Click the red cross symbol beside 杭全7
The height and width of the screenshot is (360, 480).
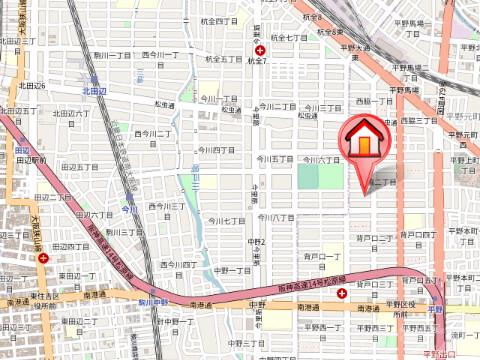[260, 51]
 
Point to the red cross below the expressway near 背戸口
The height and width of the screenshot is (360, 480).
[343, 293]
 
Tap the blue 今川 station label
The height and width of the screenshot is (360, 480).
[128, 209]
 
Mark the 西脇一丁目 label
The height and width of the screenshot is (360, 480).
[374, 101]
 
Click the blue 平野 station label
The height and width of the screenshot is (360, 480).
[435, 310]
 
